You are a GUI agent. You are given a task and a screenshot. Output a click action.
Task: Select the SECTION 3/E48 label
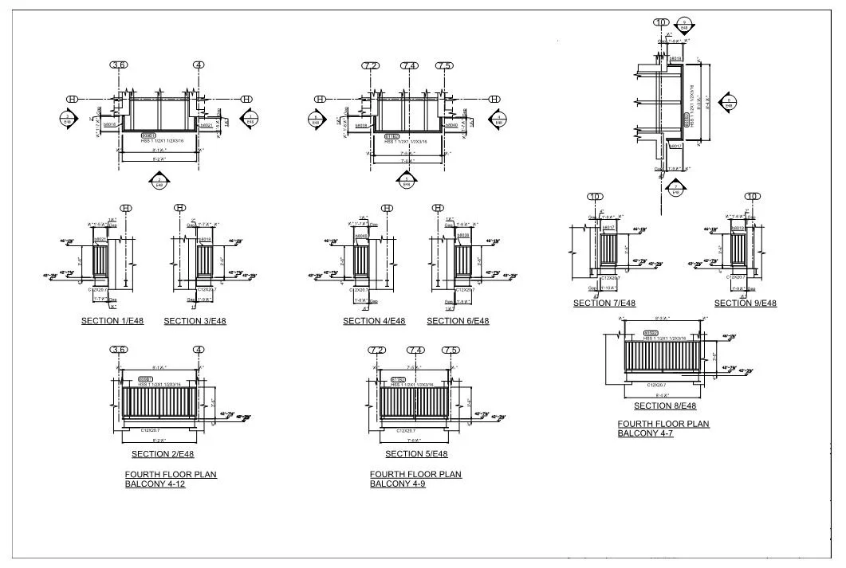[195, 321]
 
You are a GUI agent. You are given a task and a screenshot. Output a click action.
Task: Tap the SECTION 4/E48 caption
[374, 321]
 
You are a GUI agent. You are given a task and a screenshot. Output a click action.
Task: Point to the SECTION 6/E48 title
[458, 321]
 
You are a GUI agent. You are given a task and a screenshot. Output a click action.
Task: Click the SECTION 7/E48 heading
[604, 303]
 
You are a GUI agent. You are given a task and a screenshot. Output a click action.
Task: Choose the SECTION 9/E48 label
[745, 303]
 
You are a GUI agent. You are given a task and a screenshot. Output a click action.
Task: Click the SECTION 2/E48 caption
[163, 454]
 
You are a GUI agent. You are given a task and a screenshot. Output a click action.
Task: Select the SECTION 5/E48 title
[416, 454]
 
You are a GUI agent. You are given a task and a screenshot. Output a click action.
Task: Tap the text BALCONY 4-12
[155, 484]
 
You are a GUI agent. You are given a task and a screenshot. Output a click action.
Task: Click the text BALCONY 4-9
[397, 484]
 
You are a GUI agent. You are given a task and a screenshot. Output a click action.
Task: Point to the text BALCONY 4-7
[645, 433]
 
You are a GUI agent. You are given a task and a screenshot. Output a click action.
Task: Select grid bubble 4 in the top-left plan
[198, 65]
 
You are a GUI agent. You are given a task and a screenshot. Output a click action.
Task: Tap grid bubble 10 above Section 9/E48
[751, 197]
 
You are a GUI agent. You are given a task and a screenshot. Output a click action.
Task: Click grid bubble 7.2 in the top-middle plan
[370, 65]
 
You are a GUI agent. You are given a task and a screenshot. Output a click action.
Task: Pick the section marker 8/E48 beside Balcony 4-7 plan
[728, 101]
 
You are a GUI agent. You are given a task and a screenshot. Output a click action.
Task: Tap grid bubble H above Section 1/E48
[125, 208]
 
